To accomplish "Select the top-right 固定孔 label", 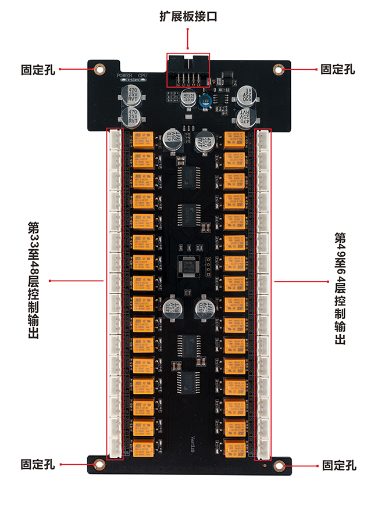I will (x=338, y=69).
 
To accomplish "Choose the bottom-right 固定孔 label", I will (x=339, y=465).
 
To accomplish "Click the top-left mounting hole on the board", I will (x=99, y=69).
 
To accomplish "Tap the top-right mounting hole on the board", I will (x=279, y=69).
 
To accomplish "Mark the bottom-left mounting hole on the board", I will (x=99, y=464).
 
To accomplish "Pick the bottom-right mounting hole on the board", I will (x=280, y=465).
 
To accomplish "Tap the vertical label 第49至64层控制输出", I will (x=340, y=289).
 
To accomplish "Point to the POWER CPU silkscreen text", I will (x=131, y=76).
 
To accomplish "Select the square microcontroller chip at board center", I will (x=188, y=264).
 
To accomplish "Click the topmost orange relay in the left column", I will (x=144, y=140).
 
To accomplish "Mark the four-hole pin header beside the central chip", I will (x=208, y=264).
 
